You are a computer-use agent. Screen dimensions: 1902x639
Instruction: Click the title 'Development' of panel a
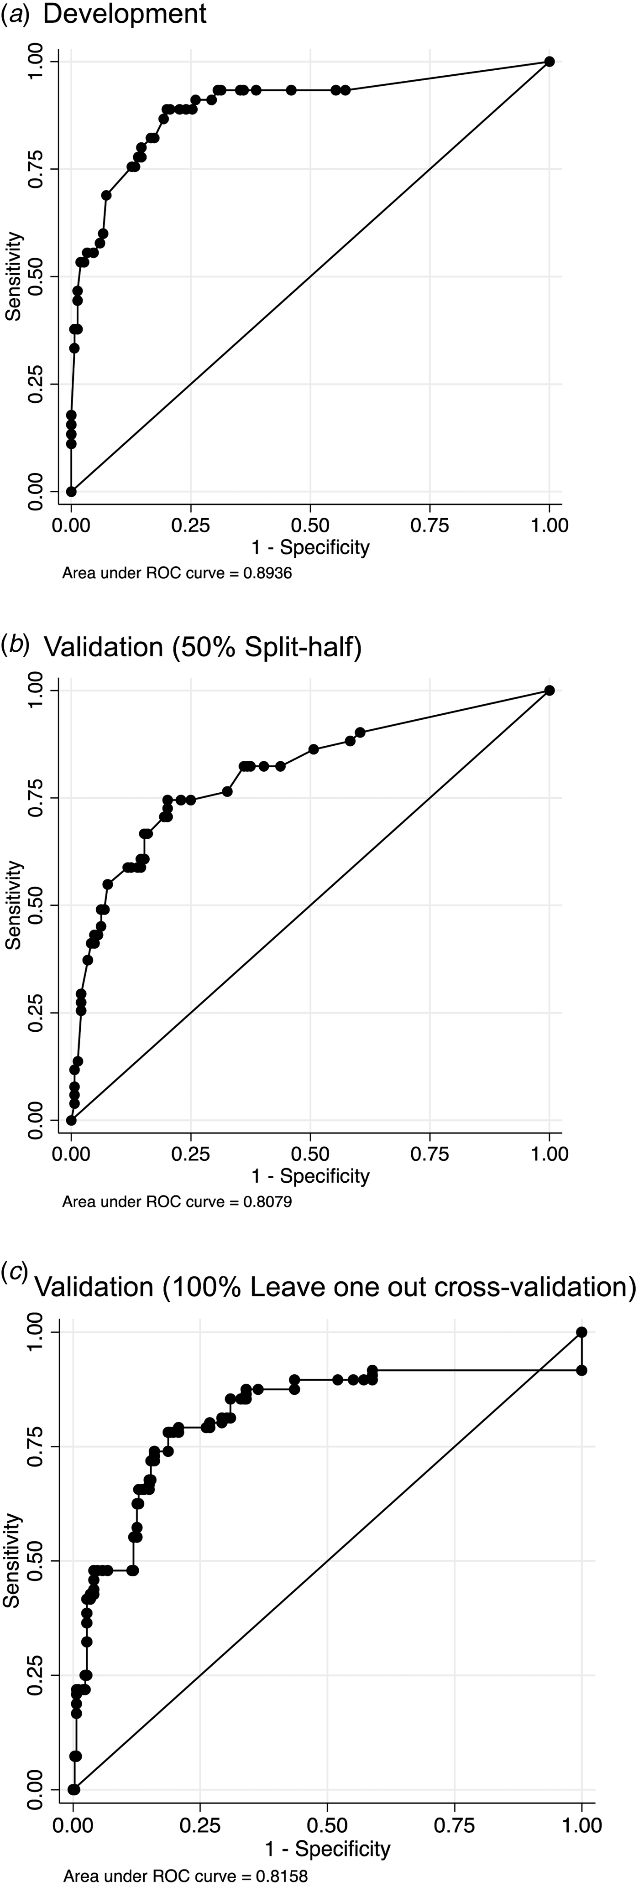pyautogui.click(x=125, y=14)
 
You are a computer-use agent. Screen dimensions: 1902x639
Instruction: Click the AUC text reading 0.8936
pyautogui.click(x=177, y=573)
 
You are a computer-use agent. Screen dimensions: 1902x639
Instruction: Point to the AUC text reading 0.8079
pyautogui.click(x=177, y=1202)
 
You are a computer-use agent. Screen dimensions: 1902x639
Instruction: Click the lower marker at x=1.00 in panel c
pyautogui.click(x=581, y=1370)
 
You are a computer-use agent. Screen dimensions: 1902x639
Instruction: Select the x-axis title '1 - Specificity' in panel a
pyautogui.click(x=310, y=547)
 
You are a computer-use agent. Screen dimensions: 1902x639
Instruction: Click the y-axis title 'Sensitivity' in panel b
pyautogui.click(x=13, y=905)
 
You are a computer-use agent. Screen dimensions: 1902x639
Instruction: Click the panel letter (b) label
pyautogui.click(x=15, y=645)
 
